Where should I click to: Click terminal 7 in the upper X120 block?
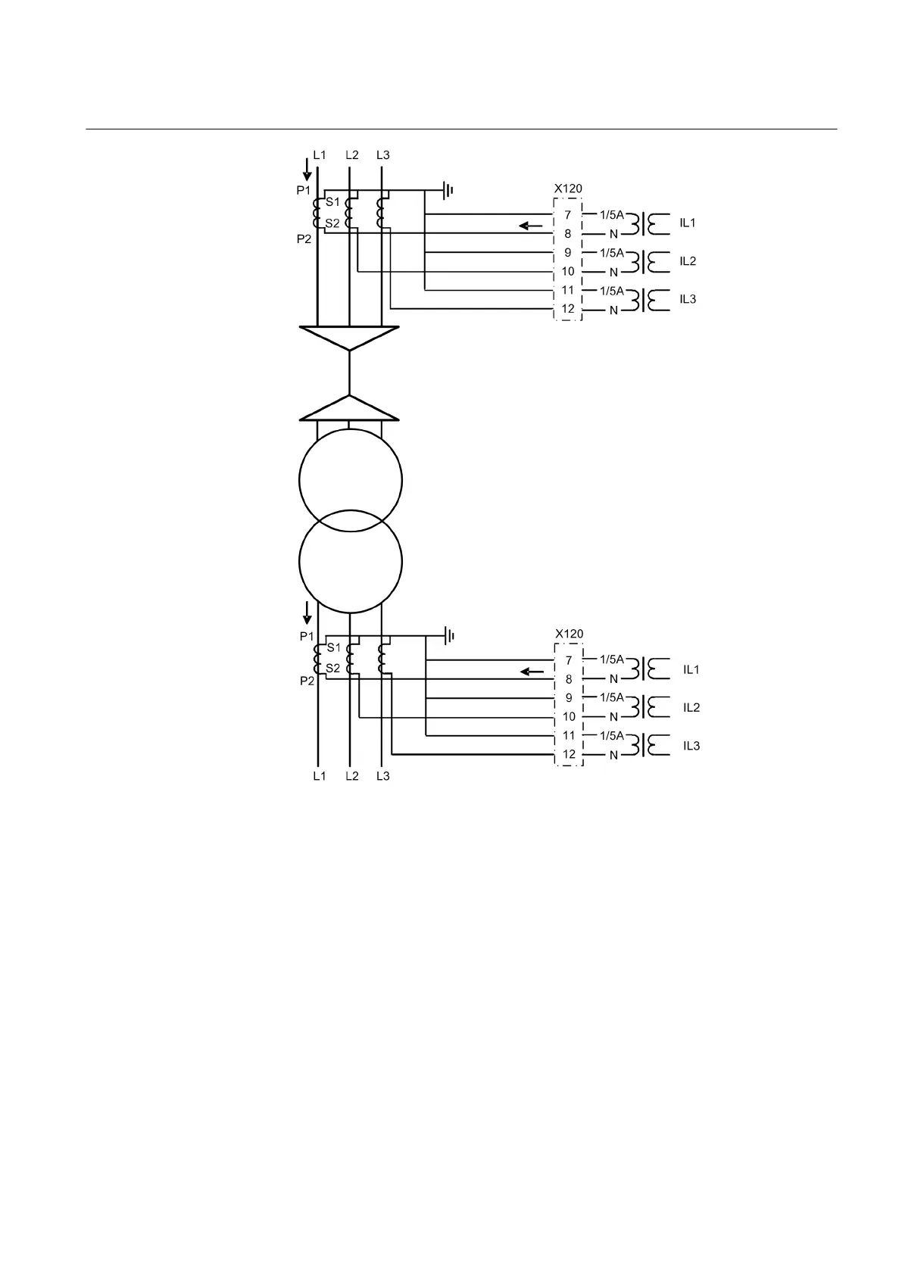coord(567,215)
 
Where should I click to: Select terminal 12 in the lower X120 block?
coord(569,754)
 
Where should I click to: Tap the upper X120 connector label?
coord(568,189)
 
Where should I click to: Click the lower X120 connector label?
coord(569,634)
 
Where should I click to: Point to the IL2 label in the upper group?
coord(687,261)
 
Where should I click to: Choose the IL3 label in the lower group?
coord(691,746)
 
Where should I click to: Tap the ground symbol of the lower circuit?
coord(448,635)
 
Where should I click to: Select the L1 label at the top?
coord(320,155)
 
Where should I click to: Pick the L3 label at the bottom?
coord(383,776)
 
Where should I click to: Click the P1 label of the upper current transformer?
coord(303,191)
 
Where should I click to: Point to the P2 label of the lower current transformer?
coord(306,681)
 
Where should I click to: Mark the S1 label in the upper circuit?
coord(332,202)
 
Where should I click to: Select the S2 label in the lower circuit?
coord(333,669)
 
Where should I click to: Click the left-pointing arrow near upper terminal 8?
coord(531,226)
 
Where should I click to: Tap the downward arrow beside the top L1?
coord(307,169)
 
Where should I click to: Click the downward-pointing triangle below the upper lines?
coord(349,337)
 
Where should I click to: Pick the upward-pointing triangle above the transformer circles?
coord(349,409)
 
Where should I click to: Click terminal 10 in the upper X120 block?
coord(568,271)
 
